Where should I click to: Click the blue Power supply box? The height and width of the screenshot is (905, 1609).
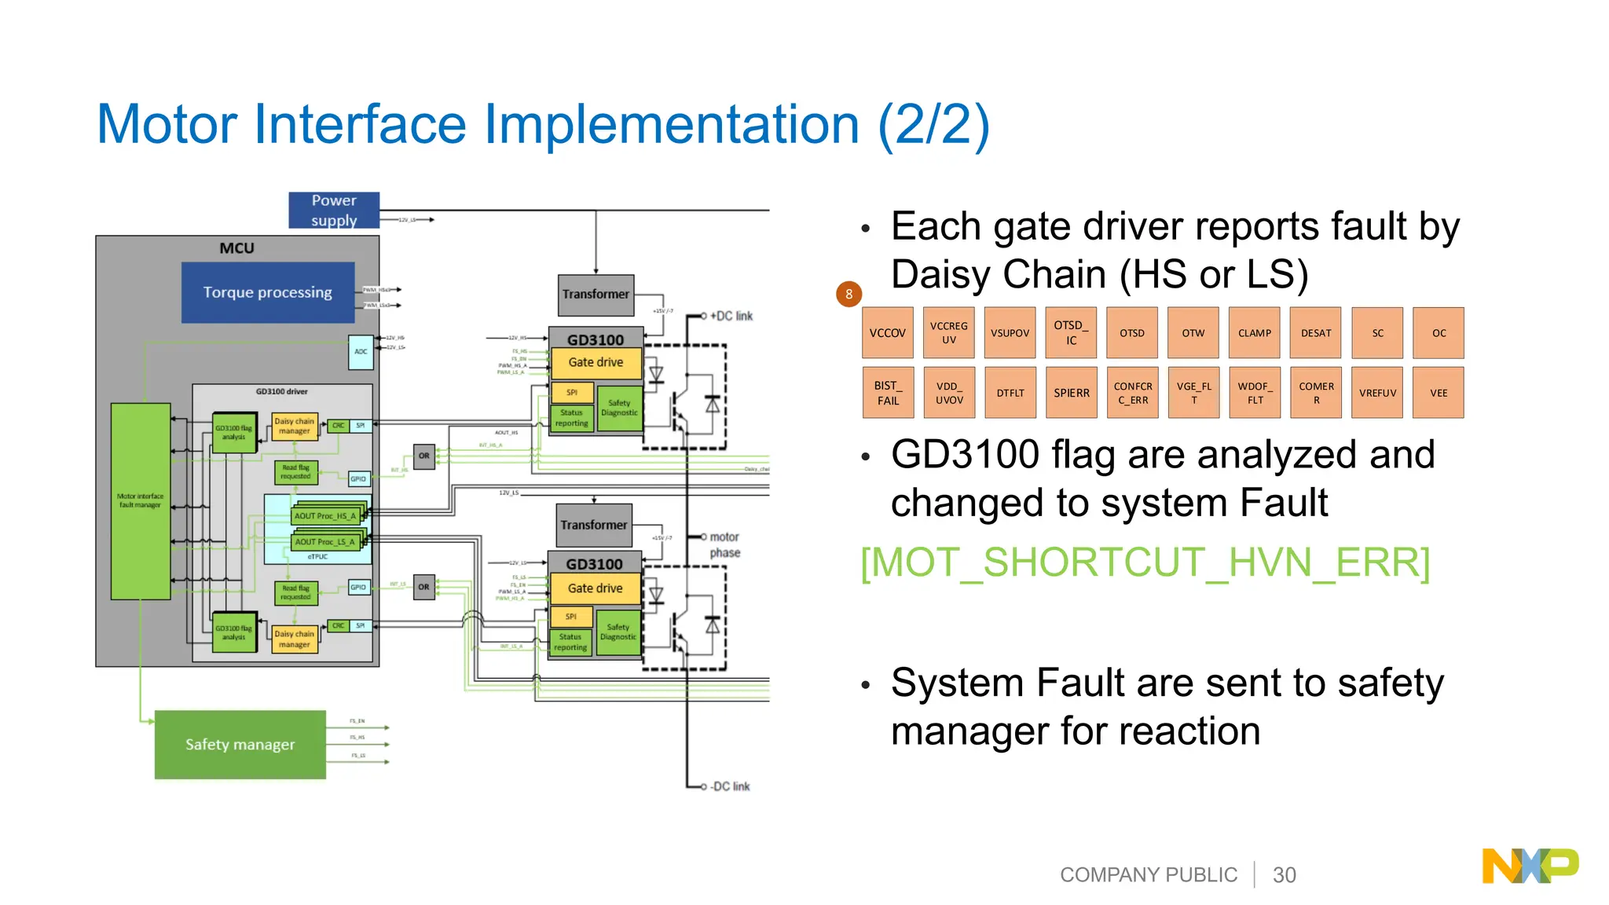(x=334, y=211)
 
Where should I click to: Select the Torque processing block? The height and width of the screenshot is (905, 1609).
(x=268, y=292)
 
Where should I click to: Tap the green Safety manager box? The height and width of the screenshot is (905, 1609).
(x=240, y=744)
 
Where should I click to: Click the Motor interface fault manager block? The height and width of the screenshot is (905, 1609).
(x=141, y=501)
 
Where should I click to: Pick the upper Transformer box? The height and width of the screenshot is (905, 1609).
(x=596, y=295)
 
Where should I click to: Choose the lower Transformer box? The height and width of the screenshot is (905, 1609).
(x=594, y=525)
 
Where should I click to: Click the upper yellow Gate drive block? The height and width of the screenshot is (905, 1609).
(x=596, y=363)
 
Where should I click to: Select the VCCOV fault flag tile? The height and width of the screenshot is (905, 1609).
(x=888, y=333)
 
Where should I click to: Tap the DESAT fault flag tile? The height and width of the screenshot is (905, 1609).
(x=1316, y=333)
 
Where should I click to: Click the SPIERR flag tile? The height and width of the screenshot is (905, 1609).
(x=1072, y=393)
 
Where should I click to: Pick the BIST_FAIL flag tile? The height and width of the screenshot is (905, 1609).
(x=888, y=393)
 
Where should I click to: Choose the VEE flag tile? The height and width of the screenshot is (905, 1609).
(x=1439, y=393)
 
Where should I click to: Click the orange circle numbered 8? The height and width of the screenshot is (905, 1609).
(x=848, y=294)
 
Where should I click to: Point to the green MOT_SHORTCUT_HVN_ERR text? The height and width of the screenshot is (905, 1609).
(x=1145, y=562)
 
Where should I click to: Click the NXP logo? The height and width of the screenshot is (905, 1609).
(x=1530, y=866)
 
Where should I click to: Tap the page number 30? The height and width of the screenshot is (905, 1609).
(x=1284, y=875)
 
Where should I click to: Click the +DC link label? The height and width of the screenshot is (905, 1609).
(x=731, y=316)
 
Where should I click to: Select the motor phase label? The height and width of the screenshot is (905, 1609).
(x=724, y=544)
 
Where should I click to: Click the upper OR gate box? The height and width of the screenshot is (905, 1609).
(x=424, y=456)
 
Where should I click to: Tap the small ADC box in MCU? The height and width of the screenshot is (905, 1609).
(x=361, y=352)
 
